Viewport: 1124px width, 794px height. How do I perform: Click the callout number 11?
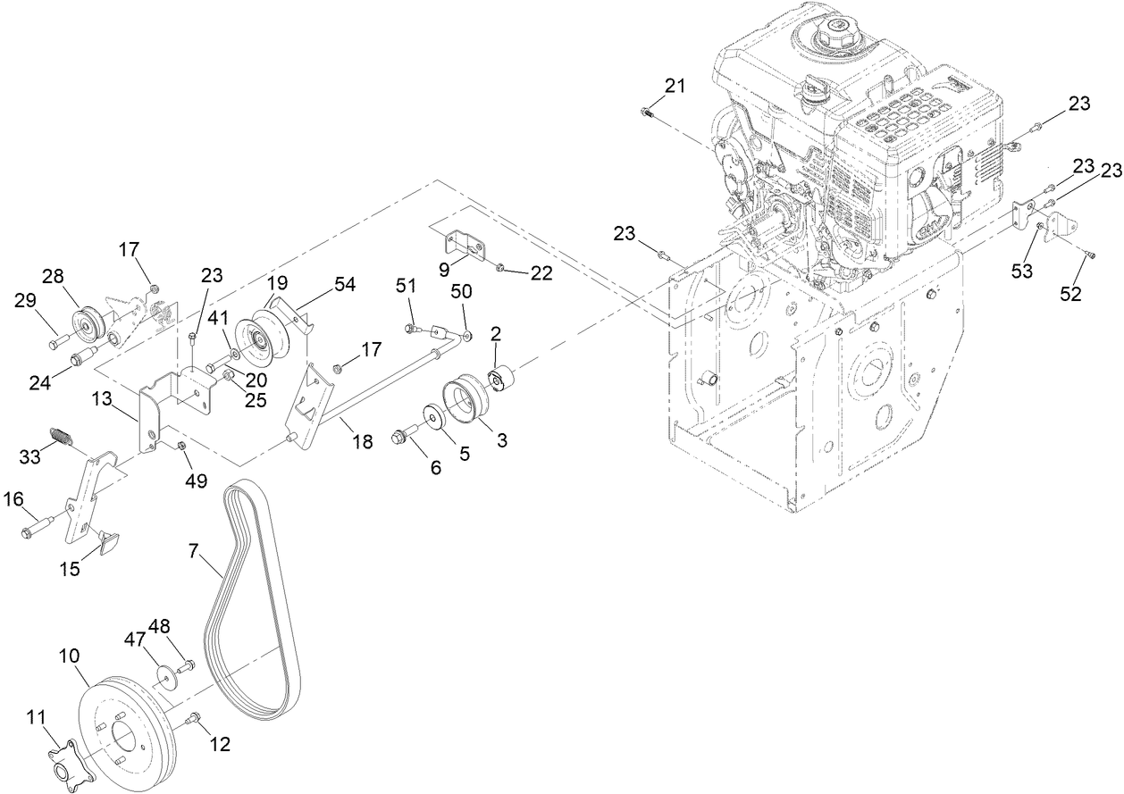click(x=35, y=716)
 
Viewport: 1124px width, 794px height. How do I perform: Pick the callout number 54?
click(x=344, y=284)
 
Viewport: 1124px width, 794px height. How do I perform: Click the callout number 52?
click(x=1070, y=292)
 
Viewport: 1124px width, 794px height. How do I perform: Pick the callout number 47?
click(x=134, y=639)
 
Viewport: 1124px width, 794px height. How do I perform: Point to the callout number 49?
click(x=197, y=481)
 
